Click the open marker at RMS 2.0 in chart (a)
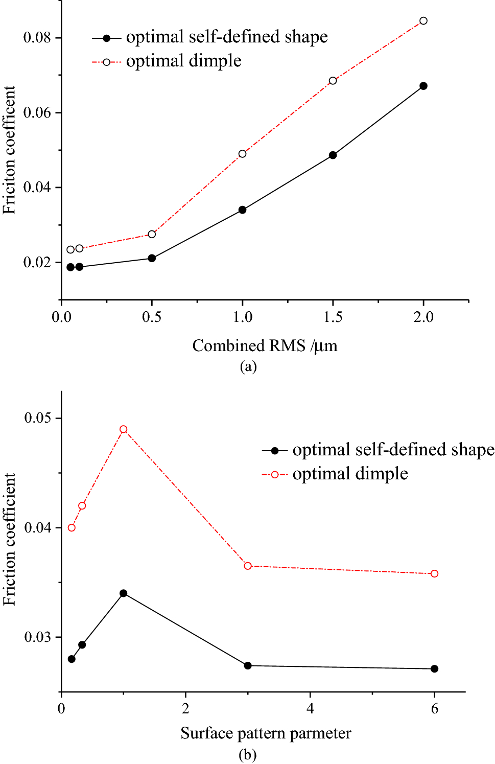pyautogui.click(x=423, y=21)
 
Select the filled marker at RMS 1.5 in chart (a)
pyautogui.click(x=333, y=155)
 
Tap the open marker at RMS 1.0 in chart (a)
pyautogui.click(x=242, y=154)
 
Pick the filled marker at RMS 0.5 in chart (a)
pyautogui.click(x=152, y=258)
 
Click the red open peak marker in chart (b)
pyautogui.click(x=123, y=429)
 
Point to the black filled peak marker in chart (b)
pyautogui.click(x=123, y=593)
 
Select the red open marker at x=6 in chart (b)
pyautogui.click(x=434, y=574)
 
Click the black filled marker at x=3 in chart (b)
pyautogui.click(x=248, y=665)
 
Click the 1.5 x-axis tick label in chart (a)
pyautogui.click(x=333, y=317)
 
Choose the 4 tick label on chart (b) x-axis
pyautogui.click(x=310, y=708)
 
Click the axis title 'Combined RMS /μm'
pyautogui.click(x=265, y=346)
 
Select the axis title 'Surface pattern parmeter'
pyautogui.click(x=266, y=733)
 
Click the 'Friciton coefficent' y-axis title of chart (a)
pyautogui.click(x=9, y=150)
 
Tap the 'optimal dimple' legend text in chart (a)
pyautogui.click(x=183, y=61)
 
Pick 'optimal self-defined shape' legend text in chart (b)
pyautogui.click(x=393, y=450)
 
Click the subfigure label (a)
pyautogui.click(x=248, y=366)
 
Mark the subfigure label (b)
pyautogui.click(x=247, y=754)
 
